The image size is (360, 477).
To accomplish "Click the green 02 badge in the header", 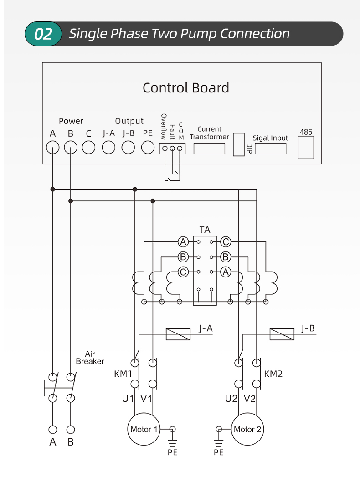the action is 43,33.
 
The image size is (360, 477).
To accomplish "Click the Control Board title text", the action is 185,88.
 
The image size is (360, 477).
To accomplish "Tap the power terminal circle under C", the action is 88,148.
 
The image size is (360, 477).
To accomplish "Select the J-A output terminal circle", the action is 108,148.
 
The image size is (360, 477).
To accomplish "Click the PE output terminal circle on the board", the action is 148,148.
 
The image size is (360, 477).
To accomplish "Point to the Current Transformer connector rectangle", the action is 209,149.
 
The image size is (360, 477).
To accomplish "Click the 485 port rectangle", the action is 306,148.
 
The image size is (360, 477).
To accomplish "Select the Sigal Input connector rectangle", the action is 271,149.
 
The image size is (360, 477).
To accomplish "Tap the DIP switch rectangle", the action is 239,144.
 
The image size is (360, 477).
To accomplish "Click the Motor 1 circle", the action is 144,429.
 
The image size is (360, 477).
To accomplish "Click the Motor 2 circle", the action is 247,429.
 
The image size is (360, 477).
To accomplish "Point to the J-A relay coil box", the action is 178,334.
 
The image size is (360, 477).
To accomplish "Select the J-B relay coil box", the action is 282,334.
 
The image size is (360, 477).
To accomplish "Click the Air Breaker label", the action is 90,358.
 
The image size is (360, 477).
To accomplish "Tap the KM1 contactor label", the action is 123,374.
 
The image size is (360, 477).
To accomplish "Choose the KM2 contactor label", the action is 273,374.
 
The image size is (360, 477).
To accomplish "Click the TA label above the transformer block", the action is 205,230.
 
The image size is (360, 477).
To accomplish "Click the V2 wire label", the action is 250,399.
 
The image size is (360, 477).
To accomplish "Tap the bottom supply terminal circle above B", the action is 71,430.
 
